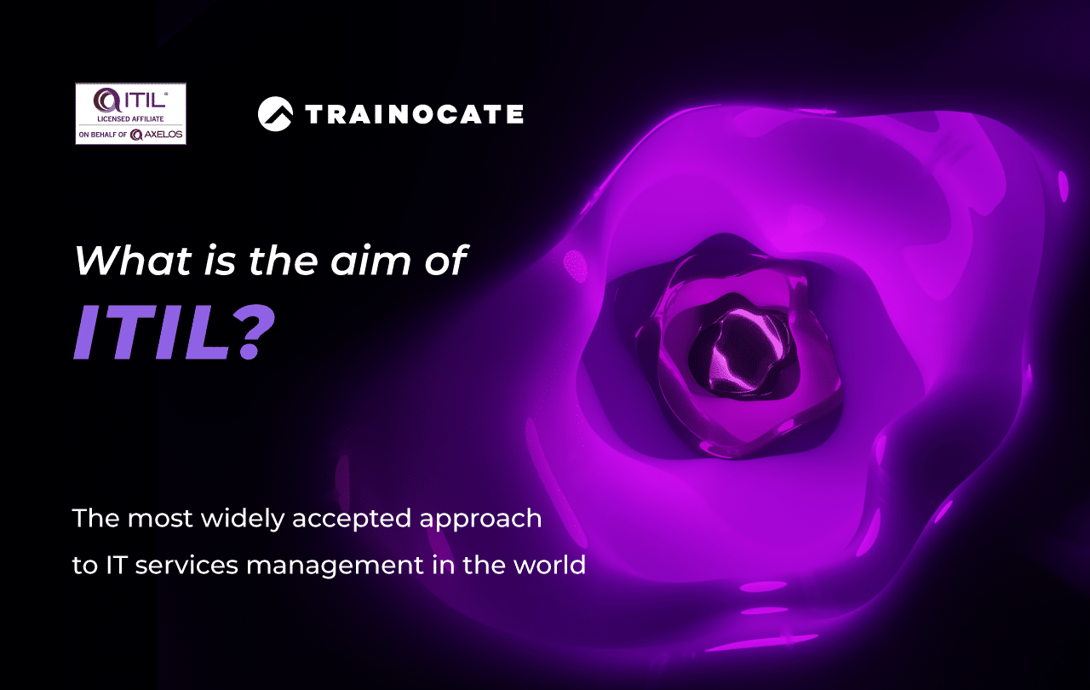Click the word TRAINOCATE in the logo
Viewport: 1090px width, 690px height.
[414, 114]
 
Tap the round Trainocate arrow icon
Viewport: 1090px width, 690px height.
[275, 114]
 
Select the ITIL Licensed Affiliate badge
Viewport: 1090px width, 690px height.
[130, 113]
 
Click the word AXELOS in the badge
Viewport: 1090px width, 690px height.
[163, 135]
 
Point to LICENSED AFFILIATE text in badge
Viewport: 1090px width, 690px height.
[130, 118]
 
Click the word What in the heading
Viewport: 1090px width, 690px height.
[132, 261]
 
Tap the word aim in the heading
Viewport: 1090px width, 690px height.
[370, 262]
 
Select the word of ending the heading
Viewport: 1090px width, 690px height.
[445, 261]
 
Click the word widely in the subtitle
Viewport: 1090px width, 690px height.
[243, 519]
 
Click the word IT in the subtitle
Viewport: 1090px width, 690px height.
[117, 565]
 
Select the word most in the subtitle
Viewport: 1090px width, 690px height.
[160, 519]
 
